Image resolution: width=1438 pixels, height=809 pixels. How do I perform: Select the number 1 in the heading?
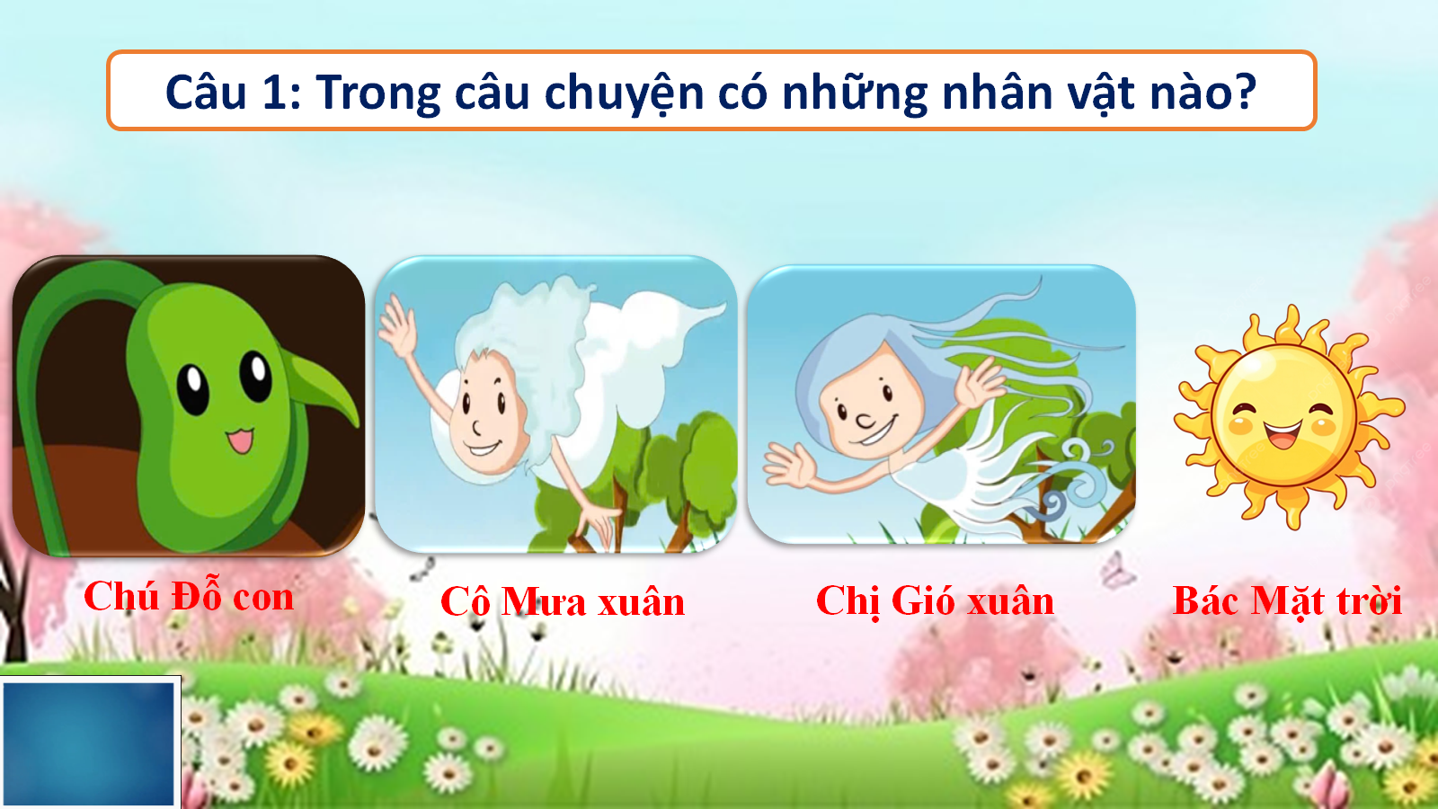275,91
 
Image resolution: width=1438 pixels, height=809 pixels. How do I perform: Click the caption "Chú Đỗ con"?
189,596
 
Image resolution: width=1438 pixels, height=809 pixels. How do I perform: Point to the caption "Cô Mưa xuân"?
563,601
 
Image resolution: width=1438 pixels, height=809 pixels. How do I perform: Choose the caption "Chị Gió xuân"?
935,601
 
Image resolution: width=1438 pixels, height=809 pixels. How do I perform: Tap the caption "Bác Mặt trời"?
1287,601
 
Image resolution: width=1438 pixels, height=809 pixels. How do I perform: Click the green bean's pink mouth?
239,440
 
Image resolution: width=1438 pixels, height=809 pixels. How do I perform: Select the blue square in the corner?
89,742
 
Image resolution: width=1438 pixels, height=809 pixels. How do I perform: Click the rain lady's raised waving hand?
396,326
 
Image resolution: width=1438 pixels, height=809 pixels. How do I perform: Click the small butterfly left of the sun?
1118,570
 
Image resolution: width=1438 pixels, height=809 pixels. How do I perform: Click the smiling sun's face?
1284,416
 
